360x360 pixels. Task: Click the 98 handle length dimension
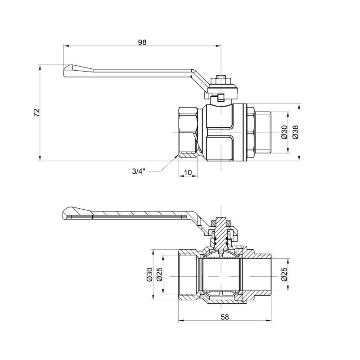142,42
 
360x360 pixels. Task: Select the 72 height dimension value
37,112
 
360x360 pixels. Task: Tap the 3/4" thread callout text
139,171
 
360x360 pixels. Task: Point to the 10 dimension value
188,172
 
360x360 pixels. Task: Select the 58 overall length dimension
225,317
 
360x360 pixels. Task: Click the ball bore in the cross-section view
221,274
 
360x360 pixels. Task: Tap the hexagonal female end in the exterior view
188,133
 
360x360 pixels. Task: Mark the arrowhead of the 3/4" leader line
177,156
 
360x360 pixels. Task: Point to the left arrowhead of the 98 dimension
65,46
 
